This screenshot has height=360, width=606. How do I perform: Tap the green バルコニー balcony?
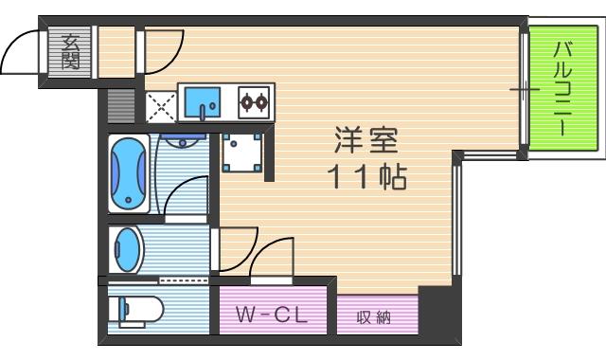[x=563, y=91]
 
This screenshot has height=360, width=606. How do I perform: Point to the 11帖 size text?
[x=368, y=176]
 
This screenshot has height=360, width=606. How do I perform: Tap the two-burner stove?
[x=255, y=100]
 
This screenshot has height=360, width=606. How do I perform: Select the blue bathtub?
[x=128, y=175]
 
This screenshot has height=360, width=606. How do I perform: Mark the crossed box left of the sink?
[x=159, y=106]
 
